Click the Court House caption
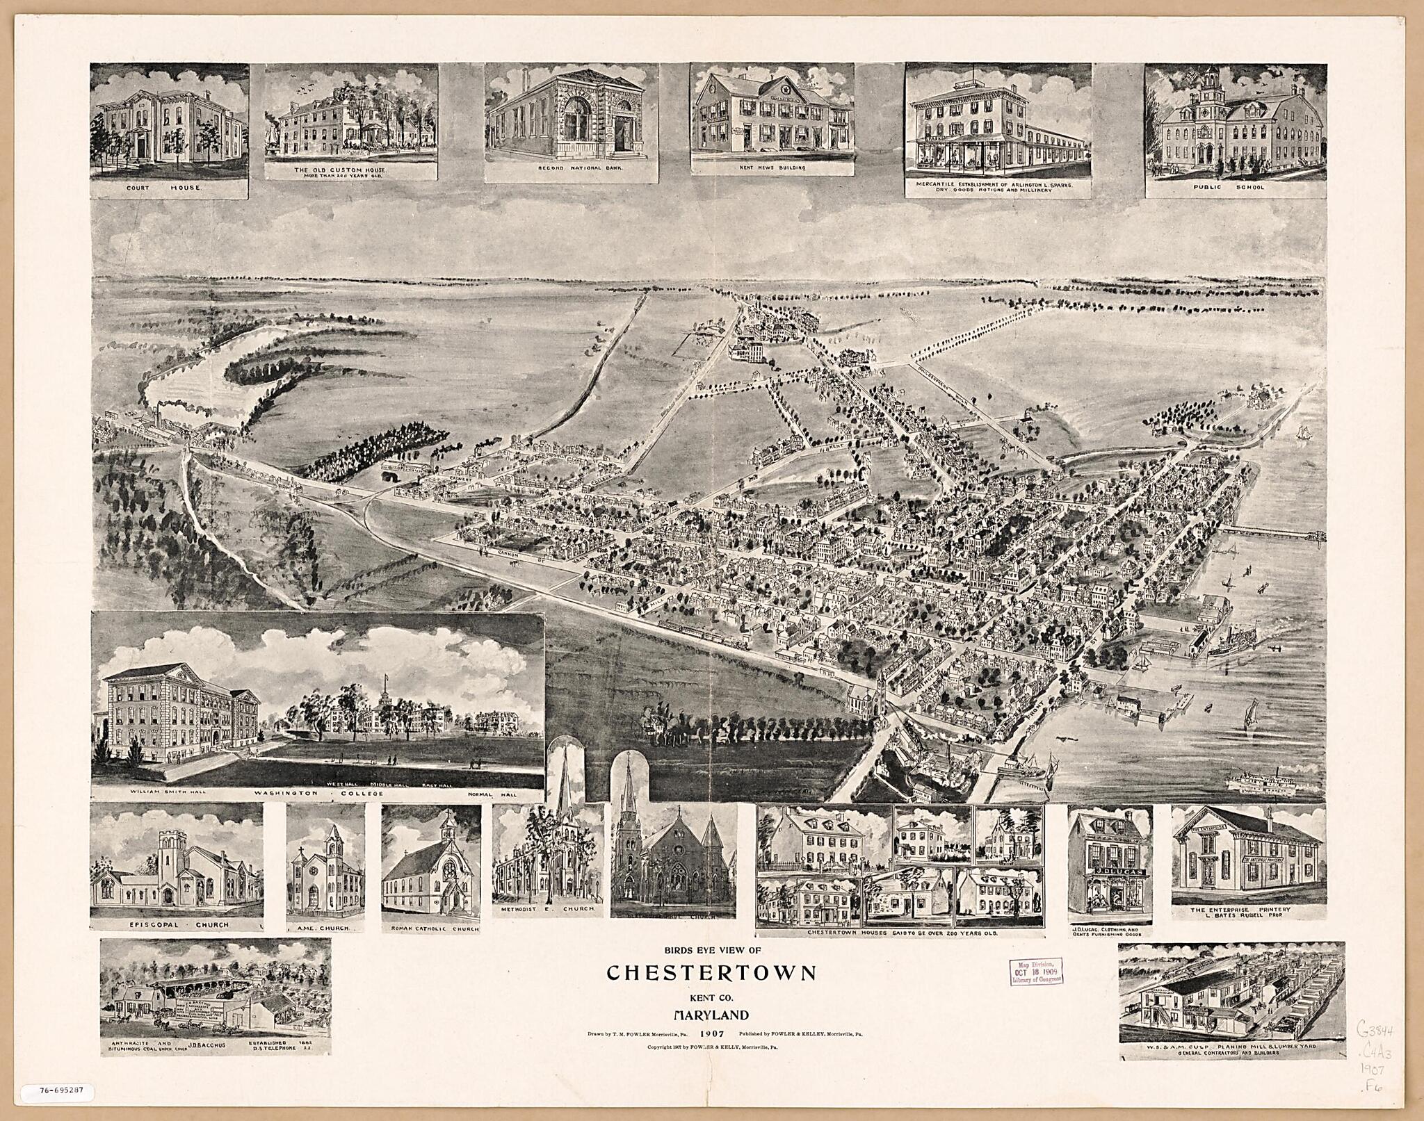(x=169, y=188)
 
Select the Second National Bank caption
(x=571, y=169)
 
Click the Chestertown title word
(x=711, y=972)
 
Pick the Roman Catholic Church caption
(x=430, y=928)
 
